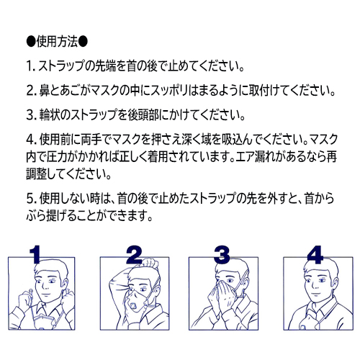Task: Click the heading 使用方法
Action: (x=57, y=42)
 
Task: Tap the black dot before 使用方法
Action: (x=31, y=42)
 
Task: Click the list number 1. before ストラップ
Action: (x=30, y=66)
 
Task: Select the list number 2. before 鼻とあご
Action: (x=31, y=91)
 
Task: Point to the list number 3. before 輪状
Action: (x=31, y=115)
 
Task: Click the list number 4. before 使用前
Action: (x=31, y=140)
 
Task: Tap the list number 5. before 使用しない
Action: (x=31, y=199)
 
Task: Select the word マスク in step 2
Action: (x=104, y=91)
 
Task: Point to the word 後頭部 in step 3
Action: (x=143, y=115)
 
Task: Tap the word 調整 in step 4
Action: (x=36, y=174)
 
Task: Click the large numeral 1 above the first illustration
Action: (x=35, y=254)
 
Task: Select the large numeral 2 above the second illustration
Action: (x=134, y=254)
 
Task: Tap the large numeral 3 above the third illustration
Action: (x=222, y=254)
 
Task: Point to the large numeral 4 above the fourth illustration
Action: (x=315, y=254)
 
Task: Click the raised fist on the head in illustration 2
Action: (x=150, y=264)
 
